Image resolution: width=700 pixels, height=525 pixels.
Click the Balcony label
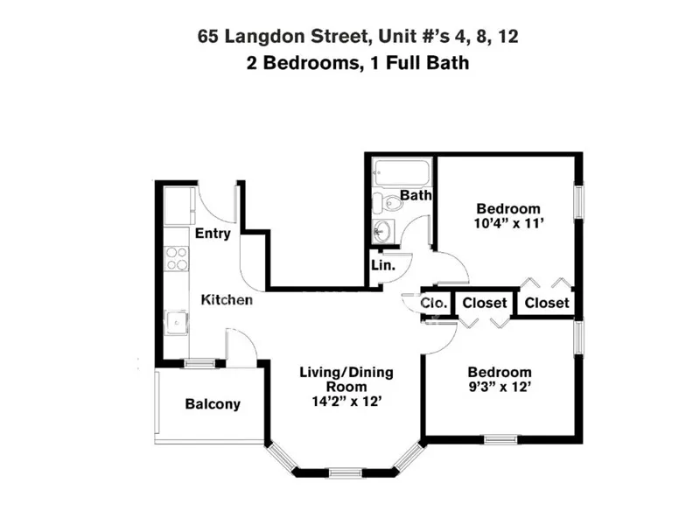point(213,404)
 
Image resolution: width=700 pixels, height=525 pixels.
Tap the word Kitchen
point(227,300)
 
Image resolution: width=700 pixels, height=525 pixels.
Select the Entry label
point(213,234)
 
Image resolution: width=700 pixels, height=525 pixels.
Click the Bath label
point(416,195)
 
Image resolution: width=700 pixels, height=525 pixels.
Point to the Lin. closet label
point(383,264)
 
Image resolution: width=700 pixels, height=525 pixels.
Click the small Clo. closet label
point(435,303)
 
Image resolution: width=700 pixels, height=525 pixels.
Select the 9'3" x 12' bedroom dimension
point(499,386)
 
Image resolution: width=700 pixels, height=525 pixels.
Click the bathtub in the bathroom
point(401,171)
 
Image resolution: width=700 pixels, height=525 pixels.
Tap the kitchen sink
point(177,322)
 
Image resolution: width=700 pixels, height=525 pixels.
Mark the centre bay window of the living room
point(346,472)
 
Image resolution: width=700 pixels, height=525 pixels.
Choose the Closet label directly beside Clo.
point(485,303)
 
